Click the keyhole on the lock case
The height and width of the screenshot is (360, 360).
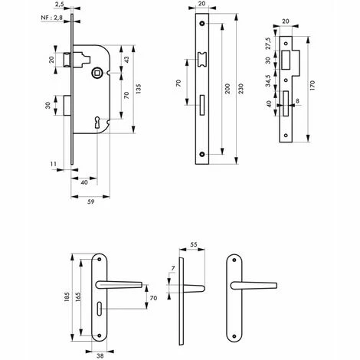point(97,123)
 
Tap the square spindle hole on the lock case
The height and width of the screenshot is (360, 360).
point(97,74)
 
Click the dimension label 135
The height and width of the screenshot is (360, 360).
point(138,89)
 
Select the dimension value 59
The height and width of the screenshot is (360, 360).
point(90,201)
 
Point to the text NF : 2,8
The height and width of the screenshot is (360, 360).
point(51,18)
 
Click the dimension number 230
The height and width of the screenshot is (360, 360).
point(241,89)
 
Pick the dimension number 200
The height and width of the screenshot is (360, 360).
point(227,89)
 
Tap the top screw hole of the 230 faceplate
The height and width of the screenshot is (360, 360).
point(202,24)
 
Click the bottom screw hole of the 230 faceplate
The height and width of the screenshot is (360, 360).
point(202,154)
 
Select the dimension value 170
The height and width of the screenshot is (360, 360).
point(313,86)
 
